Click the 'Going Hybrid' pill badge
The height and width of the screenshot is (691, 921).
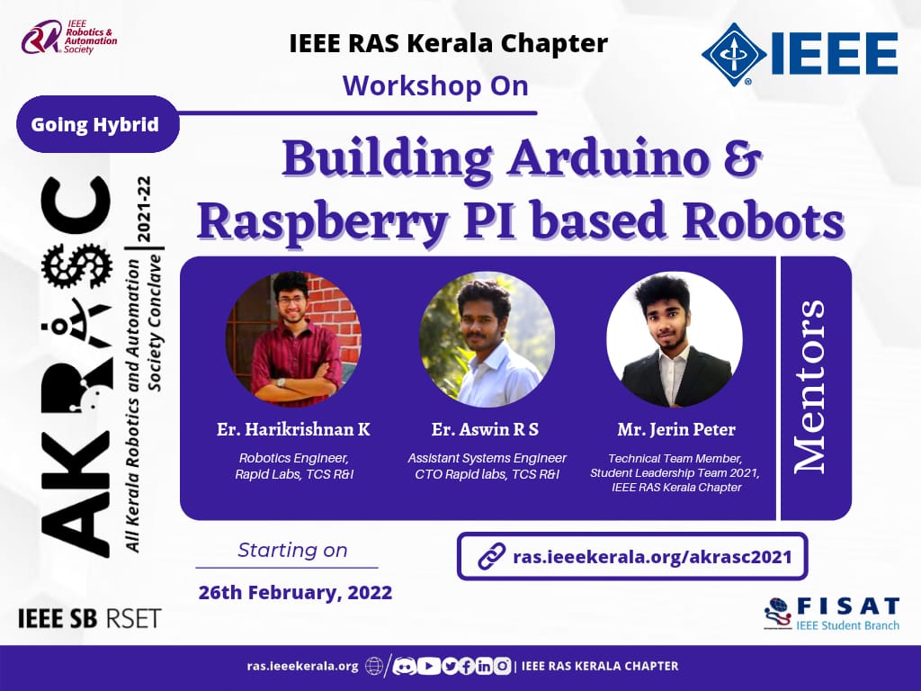click(x=97, y=124)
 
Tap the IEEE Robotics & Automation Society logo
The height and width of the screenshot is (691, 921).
click(x=69, y=37)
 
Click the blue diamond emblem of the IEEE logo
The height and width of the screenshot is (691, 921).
click(x=734, y=54)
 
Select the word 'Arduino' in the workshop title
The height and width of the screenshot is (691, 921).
click(x=608, y=158)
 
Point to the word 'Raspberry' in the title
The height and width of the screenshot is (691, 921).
click(x=322, y=223)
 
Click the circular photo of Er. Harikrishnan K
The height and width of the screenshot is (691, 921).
click(x=294, y=339)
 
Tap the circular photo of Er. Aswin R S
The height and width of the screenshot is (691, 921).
click(x=487, y=339)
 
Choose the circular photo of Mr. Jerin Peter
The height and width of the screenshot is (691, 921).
click(x=675, y=339)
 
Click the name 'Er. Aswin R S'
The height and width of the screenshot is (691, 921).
click(x=485, y=429)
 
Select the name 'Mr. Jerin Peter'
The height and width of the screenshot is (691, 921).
click(x=676, y=429)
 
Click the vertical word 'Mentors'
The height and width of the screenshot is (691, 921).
click(x=810, y=387)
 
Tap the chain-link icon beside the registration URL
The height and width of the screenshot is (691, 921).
click(x=491, y=556)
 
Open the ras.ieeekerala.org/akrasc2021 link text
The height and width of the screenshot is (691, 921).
click(x=653, y=556)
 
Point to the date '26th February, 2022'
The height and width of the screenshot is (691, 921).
click(x=295, y=592)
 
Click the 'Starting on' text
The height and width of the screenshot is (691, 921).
click(x=292, y=550)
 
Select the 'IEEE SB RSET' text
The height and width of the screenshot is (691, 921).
click(x=89, y=619)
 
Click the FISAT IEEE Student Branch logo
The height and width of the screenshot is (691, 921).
click(x=832, y=614)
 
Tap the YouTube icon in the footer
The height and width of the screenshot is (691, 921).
click(x=429, y=666)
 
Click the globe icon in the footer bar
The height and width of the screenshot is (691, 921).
click(x=374, y=666)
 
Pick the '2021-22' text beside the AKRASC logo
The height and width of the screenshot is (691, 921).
click(x=144, y=209)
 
